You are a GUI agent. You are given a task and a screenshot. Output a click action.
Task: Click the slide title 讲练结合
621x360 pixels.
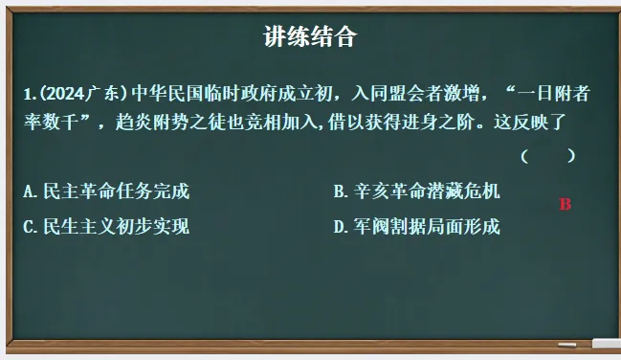(310, 37)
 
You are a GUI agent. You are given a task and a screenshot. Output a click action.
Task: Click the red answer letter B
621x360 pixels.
(565, 204)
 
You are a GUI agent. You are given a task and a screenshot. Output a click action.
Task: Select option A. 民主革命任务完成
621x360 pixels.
(106, 191)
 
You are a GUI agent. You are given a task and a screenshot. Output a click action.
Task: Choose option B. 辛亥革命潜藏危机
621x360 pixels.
(416, 191)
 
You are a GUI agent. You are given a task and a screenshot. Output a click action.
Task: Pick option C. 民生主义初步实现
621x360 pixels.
(106, 227)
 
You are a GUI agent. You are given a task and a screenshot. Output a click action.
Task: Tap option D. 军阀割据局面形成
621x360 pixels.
(416, 227)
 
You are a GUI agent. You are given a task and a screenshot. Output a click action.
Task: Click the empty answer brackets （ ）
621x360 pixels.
(547, 155)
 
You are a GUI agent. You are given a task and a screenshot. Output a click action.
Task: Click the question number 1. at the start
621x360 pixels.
(31, 94)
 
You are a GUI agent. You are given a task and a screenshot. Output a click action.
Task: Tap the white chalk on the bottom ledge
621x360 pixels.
(605, 343)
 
